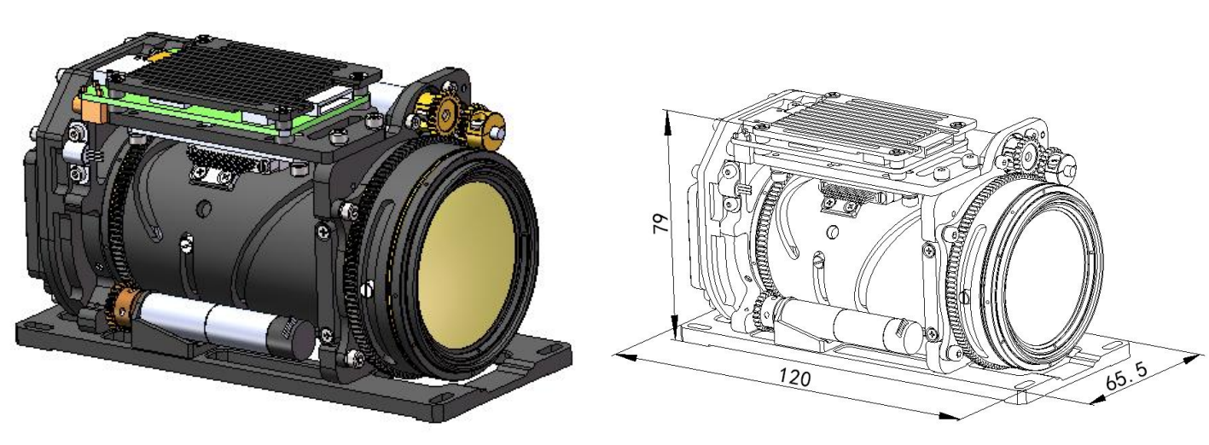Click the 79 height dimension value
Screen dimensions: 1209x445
[x=660, y=222]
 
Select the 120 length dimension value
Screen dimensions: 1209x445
[x=794, y=376]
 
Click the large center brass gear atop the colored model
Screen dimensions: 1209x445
[x=447, y=113]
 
